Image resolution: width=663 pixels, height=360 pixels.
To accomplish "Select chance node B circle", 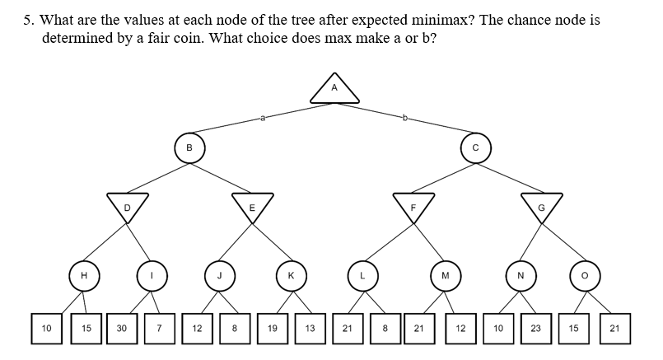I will point(189,148).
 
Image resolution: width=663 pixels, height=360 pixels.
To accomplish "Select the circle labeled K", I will point(291,276).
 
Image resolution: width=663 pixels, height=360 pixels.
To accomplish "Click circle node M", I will point(446,276).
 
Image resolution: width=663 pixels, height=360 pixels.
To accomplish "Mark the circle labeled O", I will point(584,276).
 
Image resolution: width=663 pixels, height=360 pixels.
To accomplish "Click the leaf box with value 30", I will point(122,328).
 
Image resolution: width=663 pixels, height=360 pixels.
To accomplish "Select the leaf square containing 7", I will point(161,328).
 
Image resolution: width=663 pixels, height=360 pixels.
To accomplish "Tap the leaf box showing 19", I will point(272,328).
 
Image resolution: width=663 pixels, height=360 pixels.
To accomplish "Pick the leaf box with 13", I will point(310,328).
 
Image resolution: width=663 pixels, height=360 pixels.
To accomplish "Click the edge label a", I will point(262,119).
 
